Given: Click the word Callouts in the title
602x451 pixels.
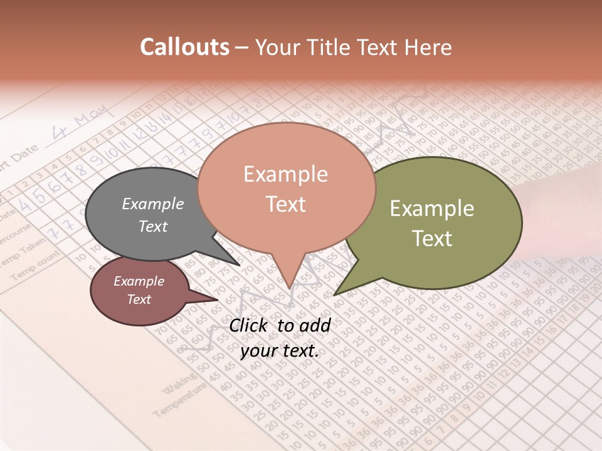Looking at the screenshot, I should pos(184,47).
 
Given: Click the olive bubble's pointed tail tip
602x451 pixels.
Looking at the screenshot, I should pos(335,294).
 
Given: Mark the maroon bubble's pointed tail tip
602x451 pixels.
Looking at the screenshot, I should pos(218,299).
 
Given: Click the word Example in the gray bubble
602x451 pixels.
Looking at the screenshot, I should pos(153,204).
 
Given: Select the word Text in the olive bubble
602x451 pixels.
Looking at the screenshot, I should pos(432,239).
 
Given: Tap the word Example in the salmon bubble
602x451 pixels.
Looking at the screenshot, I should pos(285,174).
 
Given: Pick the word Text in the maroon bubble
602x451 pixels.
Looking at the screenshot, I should pos(139,299).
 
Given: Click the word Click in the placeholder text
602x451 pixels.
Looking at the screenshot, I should pos(250,325).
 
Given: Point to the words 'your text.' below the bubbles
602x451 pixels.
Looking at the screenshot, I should pos(280,351).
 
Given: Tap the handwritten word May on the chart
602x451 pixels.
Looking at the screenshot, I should pos(92,119).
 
